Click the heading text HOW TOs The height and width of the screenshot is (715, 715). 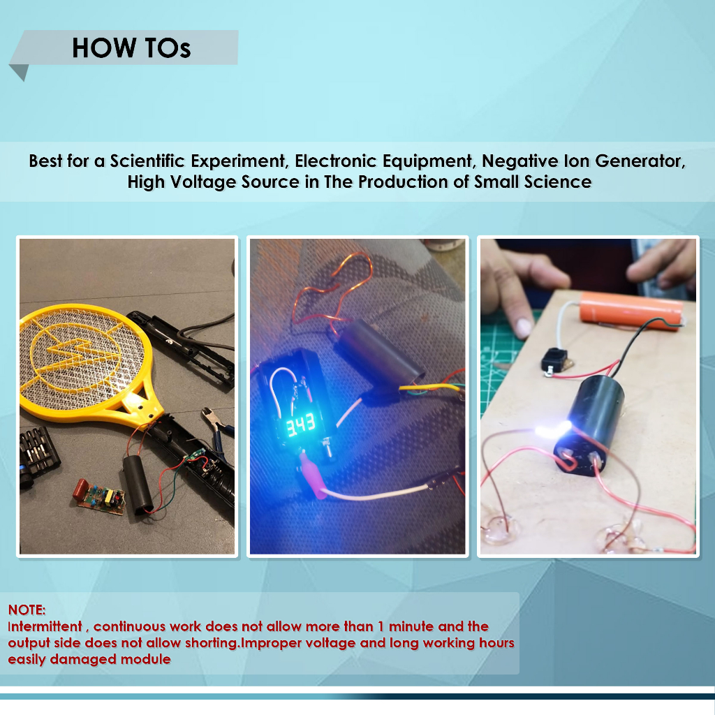131,48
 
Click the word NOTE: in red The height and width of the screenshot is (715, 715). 27,610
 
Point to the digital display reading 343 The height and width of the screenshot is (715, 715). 300,425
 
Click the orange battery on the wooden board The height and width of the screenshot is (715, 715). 631,310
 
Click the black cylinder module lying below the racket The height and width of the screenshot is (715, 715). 138,485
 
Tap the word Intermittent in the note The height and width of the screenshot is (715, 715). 45,626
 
